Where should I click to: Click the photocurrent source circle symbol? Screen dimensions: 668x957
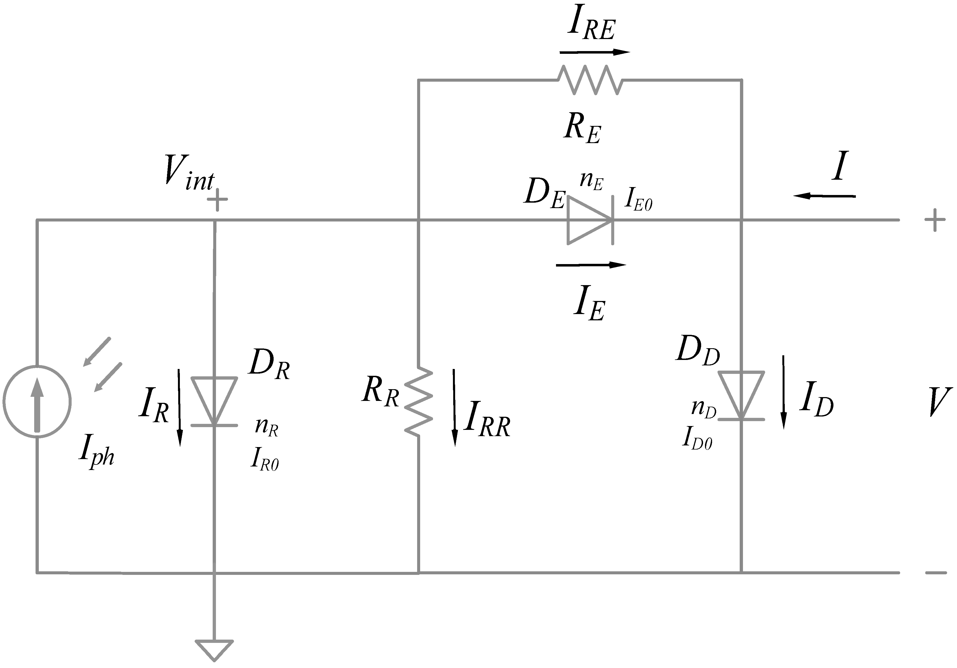click(x=37, y=401)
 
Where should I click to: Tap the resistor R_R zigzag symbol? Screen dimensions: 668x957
click(x=418, y=401)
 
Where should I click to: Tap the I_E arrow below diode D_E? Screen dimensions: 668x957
click(x=591, y=265)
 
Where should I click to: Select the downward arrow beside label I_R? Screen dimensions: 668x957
click(x=180, y=407)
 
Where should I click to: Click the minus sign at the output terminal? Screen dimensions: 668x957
click(x=936, y=573)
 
